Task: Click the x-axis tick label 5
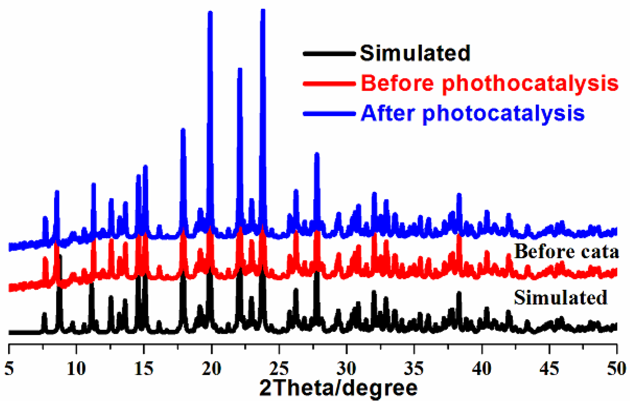coord(9,368)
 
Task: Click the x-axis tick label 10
coord(76,368)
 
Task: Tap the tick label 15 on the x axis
coord(144,368)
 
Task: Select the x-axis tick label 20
coord(212,368)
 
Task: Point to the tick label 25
coord(279,368)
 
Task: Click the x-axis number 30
coord(347,368)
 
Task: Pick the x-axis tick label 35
coord(414,368)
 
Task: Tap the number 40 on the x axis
coord(482,368)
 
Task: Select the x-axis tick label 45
coord(549,368)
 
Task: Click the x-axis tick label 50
coord(616,368)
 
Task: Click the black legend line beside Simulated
coord(329,54)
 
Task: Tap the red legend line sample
coord(329,84)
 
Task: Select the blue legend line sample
coord(329,114)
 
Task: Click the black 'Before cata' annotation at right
coord(566,252)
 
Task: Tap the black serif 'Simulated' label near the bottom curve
coord(560,298)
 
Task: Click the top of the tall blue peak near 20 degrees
coord(210,13)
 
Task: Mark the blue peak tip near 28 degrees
coord(317,154)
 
